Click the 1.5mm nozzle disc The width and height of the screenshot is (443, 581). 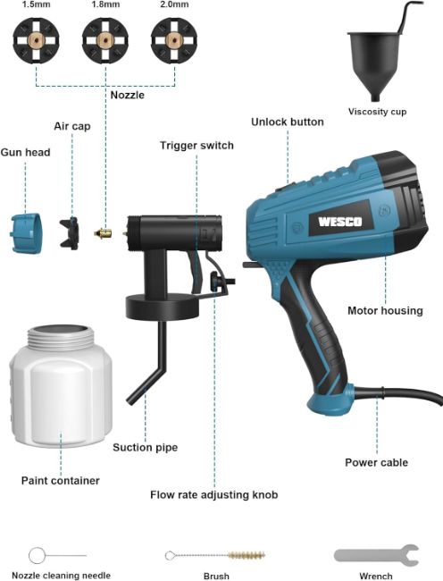pyautogui.click(x=36, y=40)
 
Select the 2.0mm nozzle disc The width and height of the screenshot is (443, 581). pyautogui.click(x=174, y=40)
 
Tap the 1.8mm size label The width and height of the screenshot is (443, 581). pyautogui.click(x=105, y=4)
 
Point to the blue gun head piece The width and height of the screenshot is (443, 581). pyautogui.click(x=26, y=233)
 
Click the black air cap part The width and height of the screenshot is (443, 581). pyautogui.click(x=70, y=233)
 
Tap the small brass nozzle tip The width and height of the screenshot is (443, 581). pyautogui.click(x=104, y=233)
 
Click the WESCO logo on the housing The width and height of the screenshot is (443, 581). pyautogui.click(x=340, y=222)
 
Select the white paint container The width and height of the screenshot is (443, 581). pyautogui.click(x=61, y=386)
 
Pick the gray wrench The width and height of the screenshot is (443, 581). pyautogui.click(x=376, y=555)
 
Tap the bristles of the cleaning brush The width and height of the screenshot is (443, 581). pyautogui.click(x=247, y=555)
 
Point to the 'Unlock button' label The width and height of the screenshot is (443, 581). pyautogui.click(x=288, y=122)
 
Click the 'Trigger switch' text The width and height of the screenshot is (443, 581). pyautogui.click(x=196, y=145)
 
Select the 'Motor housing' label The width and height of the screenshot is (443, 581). pyautogui.click(x=385, y=310)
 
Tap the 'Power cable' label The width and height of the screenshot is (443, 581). pyautogui.click(x=376, y=462)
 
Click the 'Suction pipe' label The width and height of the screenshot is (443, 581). pyautogui.click(x=145, y=447)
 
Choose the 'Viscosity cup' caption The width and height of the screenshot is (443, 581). pyautogui.click(x=377, y=112)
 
